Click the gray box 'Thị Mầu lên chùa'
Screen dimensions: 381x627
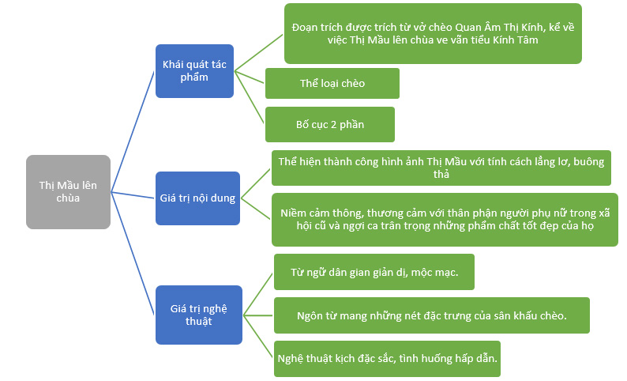tap(68, 192)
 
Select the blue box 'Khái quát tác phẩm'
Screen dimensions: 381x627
tap(194, 71)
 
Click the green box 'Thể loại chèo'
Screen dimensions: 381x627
tap(332, 83)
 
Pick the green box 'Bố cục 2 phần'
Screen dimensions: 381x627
tap(329, 125)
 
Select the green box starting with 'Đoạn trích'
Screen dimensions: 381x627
tap(432, 33)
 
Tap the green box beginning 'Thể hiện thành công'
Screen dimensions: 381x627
tap(441, 168)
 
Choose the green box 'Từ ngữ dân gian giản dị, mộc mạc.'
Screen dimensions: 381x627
tap(374, 273)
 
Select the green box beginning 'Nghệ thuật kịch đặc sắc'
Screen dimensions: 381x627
tap(388, 358)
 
